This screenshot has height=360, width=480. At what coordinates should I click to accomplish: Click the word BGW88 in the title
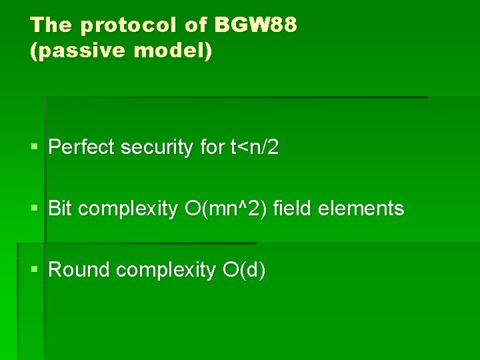[256, 25]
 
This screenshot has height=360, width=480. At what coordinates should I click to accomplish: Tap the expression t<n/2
[254, 147]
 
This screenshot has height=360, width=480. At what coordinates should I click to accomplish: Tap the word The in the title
[51, 25]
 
